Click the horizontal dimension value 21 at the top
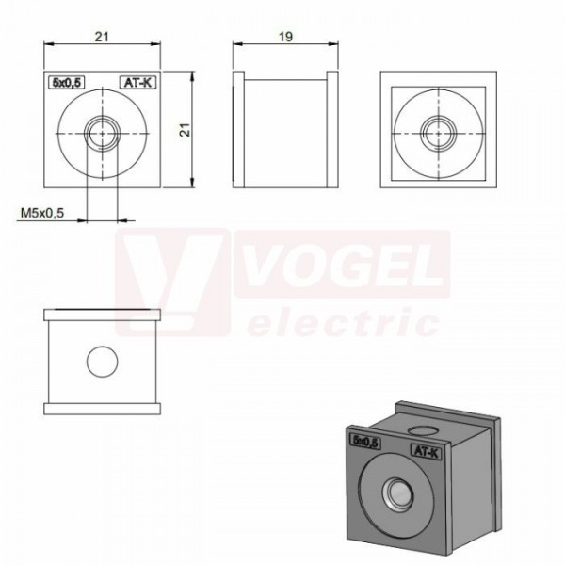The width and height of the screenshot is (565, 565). pos(102,37)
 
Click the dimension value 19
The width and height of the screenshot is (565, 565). pos(285,37)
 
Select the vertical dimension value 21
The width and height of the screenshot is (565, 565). pos(185,130)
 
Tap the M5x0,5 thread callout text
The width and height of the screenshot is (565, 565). pos(42,213)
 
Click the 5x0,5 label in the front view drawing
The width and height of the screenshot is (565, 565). pos(67,83)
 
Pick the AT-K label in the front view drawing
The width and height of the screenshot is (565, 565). pos(137,83)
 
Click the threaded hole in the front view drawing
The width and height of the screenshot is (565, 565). pos(103,134)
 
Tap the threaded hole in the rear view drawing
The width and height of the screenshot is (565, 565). pos(439,134)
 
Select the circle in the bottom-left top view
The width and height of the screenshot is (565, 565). pos(103,362)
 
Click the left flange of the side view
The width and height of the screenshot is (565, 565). pos(238,130)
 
